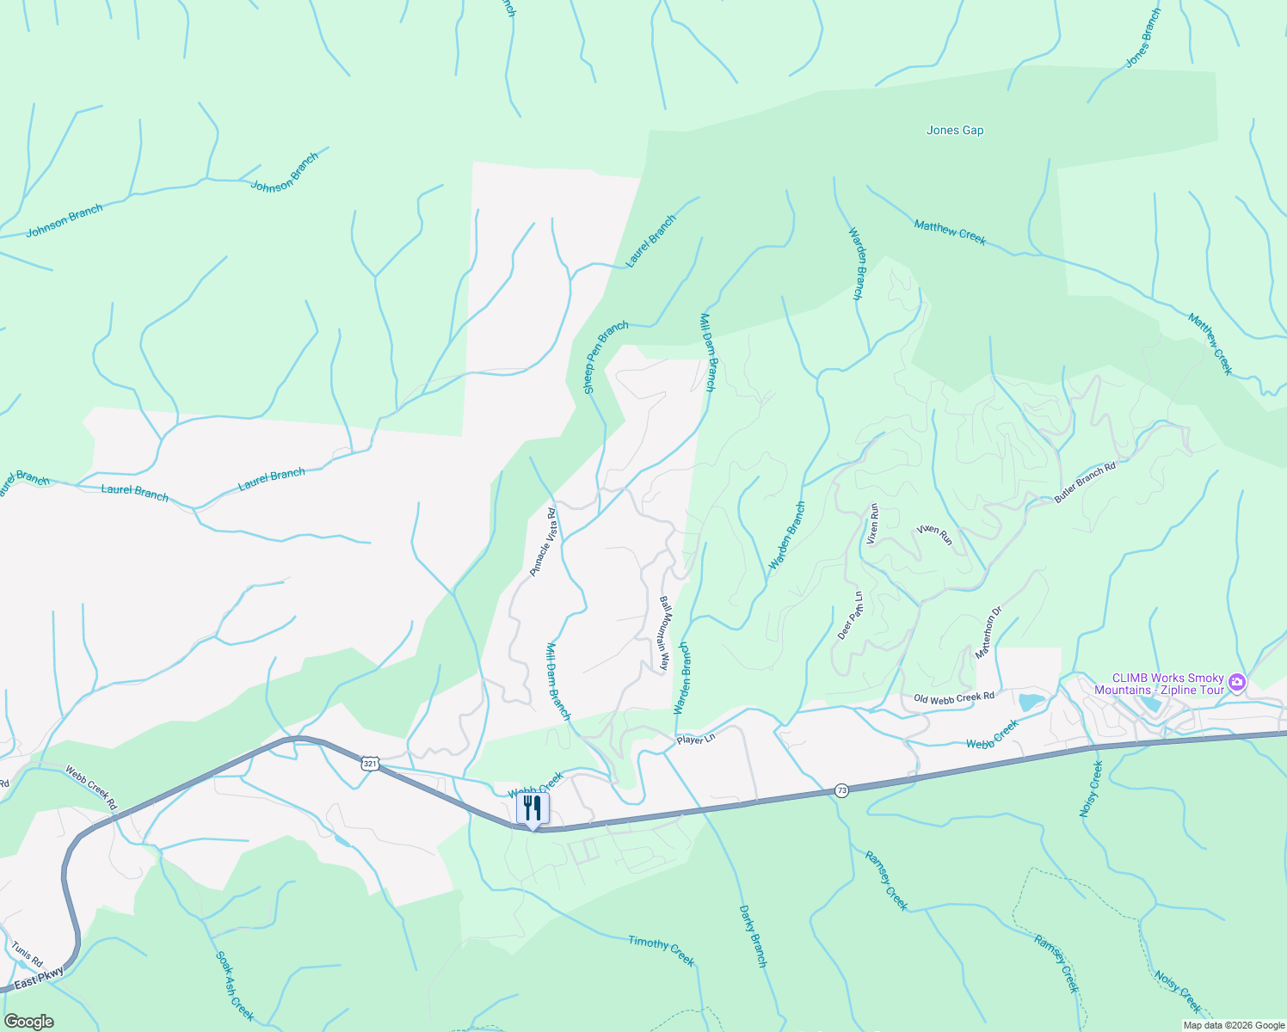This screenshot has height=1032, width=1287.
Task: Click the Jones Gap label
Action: pos(954,131)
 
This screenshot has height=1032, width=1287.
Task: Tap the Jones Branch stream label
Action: pos(1143,39)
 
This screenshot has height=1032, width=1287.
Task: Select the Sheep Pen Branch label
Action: pos(606,358)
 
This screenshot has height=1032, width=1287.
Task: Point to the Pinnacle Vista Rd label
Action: pos(542,542)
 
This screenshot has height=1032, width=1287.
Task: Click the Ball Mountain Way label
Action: pos(664,633)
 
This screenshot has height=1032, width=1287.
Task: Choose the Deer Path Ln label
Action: pos(850,616)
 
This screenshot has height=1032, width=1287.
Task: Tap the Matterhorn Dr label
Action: pos(988,634)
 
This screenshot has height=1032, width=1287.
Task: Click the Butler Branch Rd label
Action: pos(1085,482)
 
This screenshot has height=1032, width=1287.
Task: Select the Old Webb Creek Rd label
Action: pos(953,697)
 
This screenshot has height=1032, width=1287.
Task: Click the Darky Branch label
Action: pos(753,936)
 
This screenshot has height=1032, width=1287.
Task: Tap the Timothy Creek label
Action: pos(661,949)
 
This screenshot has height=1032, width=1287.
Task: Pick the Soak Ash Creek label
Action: pos(234,986)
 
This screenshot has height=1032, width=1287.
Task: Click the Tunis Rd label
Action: pos(27,954)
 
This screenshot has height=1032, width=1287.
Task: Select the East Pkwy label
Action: pos(39,978)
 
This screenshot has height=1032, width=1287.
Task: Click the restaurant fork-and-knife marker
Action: pos(533,808)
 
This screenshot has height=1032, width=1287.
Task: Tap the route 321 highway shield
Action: pos(369,763)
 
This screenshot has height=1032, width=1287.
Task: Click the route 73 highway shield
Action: pos(841,790)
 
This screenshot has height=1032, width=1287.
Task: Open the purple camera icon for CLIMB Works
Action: pos(1237,684)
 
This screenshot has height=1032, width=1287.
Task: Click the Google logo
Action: pos(28,1022)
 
